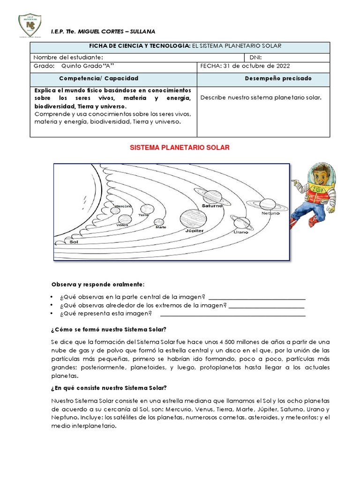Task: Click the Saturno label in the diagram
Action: pyautogui.click(x=212, y=205)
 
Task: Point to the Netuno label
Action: pyautogui.click(x=270, y=213)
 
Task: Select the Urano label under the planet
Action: pyautogui.click(x=241, y=232)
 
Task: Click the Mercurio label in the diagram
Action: pyautogui.click(x=123, y=206)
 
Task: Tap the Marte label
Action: pyautogui.click(x=161, y=227)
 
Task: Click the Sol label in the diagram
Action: pyautogui.click(x=74, y=242)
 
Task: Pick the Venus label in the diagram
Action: pyautogui.click(x=122, y=225)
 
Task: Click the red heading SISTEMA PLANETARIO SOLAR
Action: pyautogui.click(x=179, y=148)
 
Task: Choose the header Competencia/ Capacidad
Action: pyautogui.click(x=99, y=78)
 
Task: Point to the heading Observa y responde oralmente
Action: pyautogui.click(x=98, y=285)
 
